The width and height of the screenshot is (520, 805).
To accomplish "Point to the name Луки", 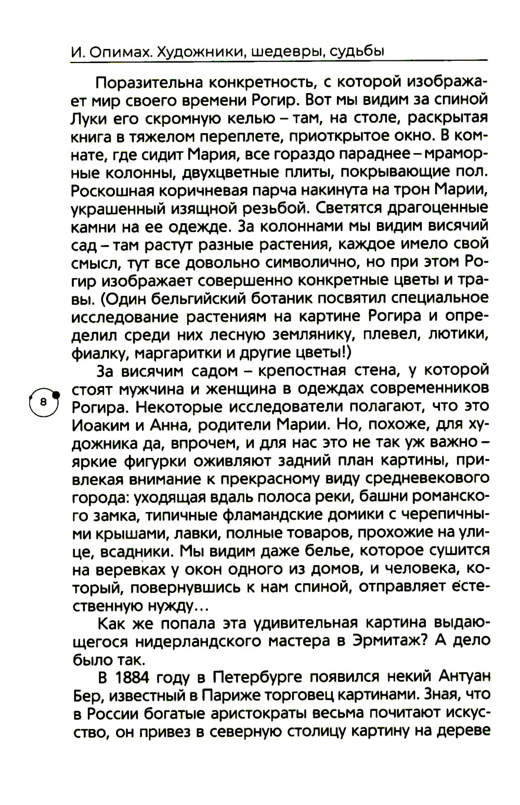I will [x=85, y=118].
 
